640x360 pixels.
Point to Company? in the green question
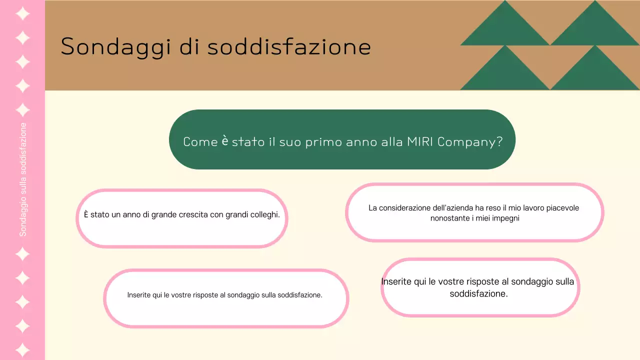pyautogui.click(x=470, y=142)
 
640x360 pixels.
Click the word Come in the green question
pyautogui.click(x=200, y=141)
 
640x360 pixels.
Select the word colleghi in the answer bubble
pyautogui.click(x=262, y=215)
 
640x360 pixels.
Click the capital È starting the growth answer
pyautogui.click(x=86, y=214)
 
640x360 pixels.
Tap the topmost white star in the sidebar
pyautogui.click(x=22, y=13)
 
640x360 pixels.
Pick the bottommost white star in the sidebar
pyautogui.click(x=22, y=349)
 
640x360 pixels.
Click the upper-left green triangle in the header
pyautogui.click(x=505, y=27)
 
